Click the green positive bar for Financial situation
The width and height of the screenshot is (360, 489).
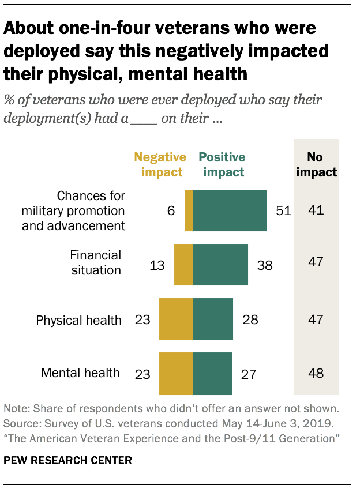click(220, 265)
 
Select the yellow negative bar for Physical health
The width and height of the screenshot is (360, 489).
click(175, 319)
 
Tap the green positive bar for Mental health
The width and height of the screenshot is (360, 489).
click(212, 373)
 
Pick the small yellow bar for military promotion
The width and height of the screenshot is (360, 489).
click(189, 210)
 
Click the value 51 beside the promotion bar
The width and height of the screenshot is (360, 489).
click(283, 211)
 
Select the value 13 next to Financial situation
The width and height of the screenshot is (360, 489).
click(157, 265)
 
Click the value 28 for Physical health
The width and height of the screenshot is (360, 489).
click(250, 319)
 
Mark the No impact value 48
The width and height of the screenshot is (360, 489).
click(316, 373)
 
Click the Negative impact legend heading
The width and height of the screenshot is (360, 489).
click(160, 164)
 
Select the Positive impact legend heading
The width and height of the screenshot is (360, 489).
click(222, 164)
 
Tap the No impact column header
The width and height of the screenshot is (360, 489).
click(316, 164)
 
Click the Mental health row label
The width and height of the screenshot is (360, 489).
click(81, 373)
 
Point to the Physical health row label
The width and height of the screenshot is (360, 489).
click(79, 320)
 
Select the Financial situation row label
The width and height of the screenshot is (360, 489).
click(96, 262)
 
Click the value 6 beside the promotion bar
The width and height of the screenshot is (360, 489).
click(171, 211)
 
